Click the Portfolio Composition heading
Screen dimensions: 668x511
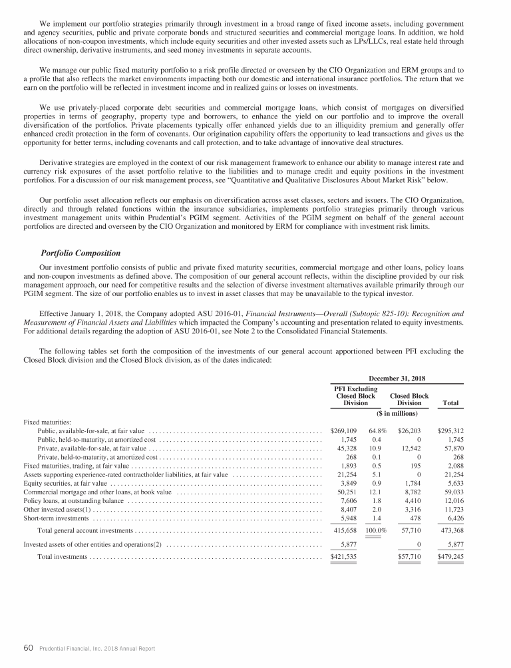coord(81,253)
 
